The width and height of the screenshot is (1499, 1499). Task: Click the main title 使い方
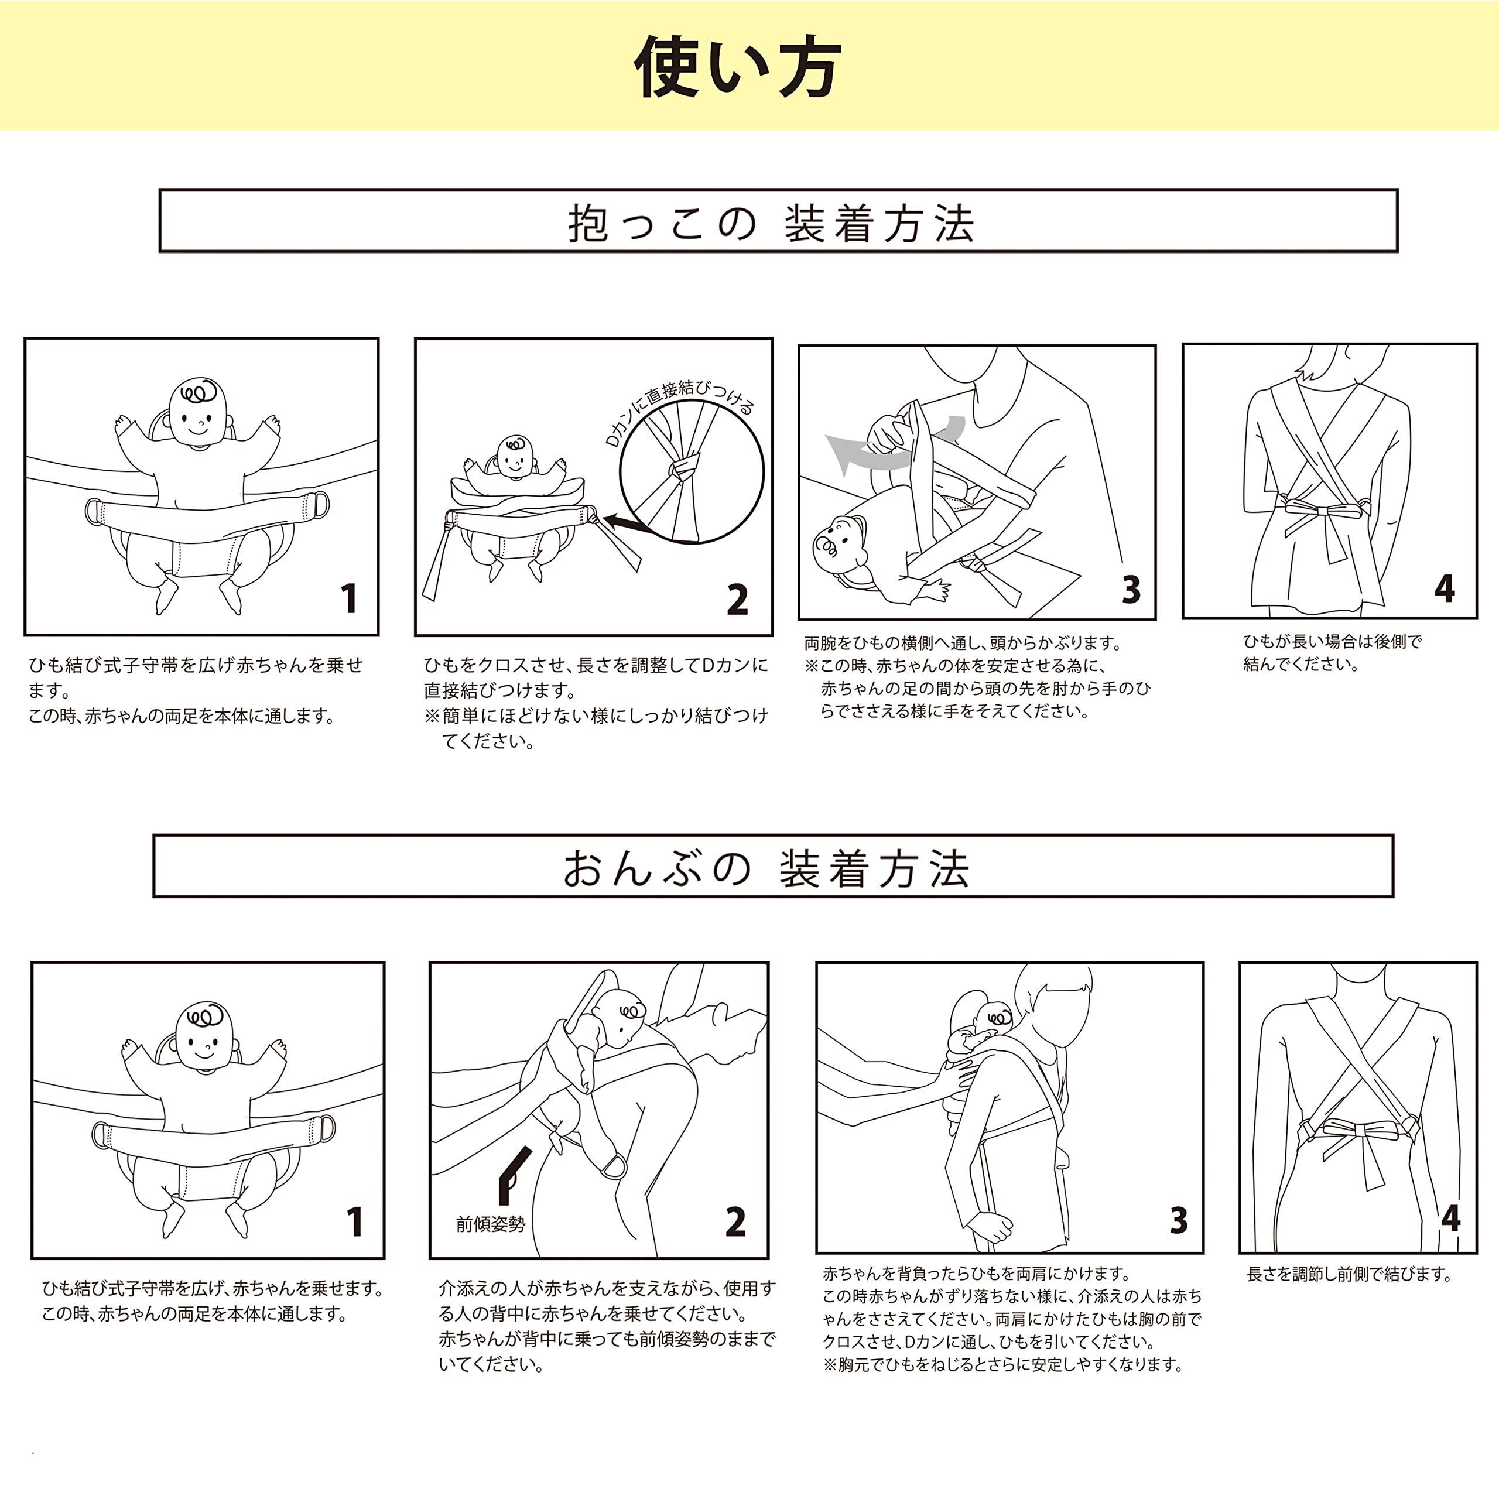click(737, 67)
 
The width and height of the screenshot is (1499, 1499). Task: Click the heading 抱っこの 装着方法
click(771, 224)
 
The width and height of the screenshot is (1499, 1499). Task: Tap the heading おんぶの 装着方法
click(766, 869)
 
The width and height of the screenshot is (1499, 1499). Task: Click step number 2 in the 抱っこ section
click(737, 599)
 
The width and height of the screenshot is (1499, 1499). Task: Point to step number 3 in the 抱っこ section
click(1131, 590)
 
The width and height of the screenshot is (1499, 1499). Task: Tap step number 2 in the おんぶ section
click(735, 1222)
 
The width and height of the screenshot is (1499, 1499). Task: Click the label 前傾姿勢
click(490, 1224)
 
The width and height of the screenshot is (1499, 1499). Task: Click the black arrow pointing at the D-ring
click(625, 525)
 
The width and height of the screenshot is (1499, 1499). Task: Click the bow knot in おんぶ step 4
click(1358, 1130)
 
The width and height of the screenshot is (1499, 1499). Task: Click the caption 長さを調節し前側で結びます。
click(1349, 1275)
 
